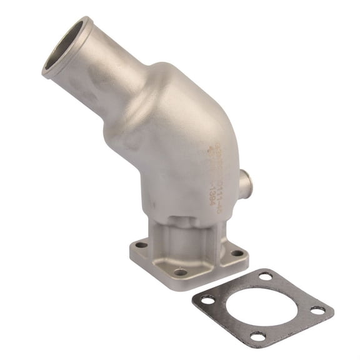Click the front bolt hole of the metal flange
tap(181, 272)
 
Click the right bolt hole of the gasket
tap(318, 311)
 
